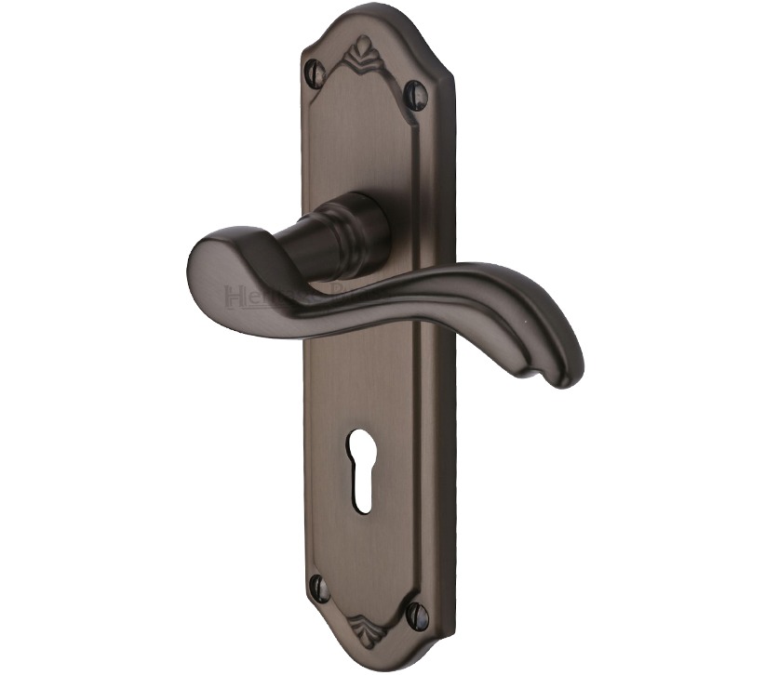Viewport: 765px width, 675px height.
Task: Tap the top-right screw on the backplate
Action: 415,93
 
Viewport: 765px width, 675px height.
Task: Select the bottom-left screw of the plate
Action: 317,587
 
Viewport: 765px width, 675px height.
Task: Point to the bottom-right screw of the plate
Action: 415,615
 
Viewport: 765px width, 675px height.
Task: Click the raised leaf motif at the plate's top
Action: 364,48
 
